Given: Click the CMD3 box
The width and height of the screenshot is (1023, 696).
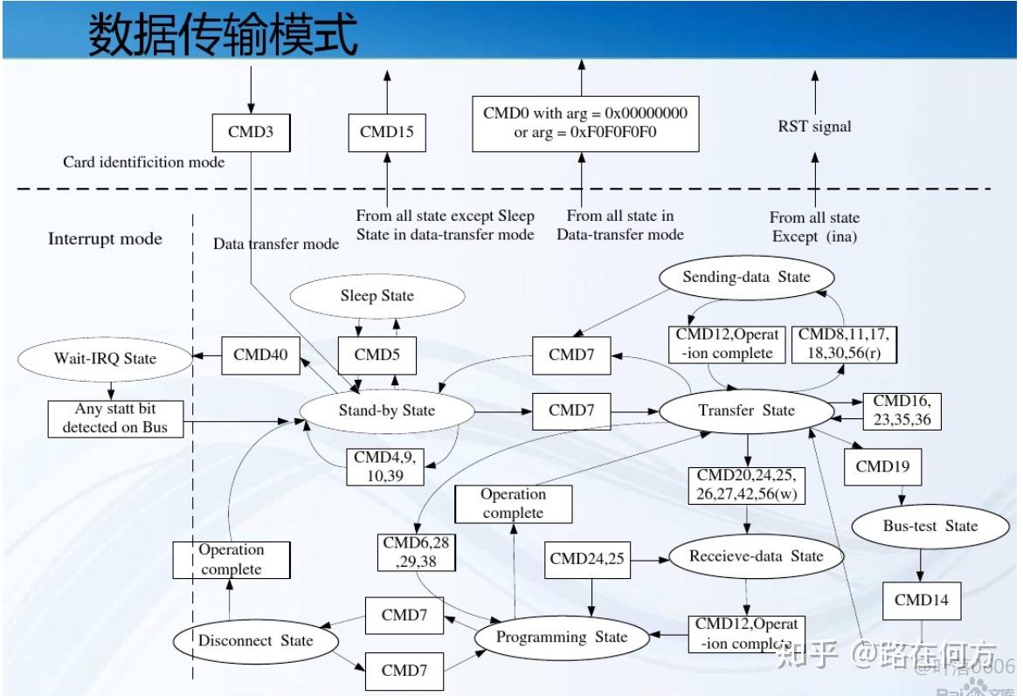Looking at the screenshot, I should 251,133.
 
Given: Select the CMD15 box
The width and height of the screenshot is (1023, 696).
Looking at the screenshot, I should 386,133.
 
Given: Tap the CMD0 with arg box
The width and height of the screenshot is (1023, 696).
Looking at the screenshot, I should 584,123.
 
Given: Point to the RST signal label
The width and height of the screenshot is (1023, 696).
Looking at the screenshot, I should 814,127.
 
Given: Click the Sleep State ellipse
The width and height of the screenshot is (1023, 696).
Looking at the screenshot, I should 377,296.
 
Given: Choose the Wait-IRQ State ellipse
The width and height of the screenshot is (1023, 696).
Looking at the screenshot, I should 105,358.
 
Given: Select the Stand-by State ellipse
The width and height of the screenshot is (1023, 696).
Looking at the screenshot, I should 386,410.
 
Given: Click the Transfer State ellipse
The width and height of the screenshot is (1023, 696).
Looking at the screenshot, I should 746,410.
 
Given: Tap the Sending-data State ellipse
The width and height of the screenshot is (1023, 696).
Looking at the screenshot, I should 746,278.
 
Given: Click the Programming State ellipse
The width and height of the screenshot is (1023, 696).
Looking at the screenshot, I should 562,637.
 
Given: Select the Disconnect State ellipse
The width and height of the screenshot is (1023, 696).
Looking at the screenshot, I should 255,641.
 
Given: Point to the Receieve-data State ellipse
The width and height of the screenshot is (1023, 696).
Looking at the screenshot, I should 756,556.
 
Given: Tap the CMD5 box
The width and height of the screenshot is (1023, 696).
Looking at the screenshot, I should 377,355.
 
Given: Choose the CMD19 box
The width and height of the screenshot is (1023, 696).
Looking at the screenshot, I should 882,466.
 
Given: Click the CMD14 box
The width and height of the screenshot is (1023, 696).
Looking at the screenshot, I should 921,600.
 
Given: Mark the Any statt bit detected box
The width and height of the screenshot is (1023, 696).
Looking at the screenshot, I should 116,418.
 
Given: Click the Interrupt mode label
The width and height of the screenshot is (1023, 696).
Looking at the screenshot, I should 105,239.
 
